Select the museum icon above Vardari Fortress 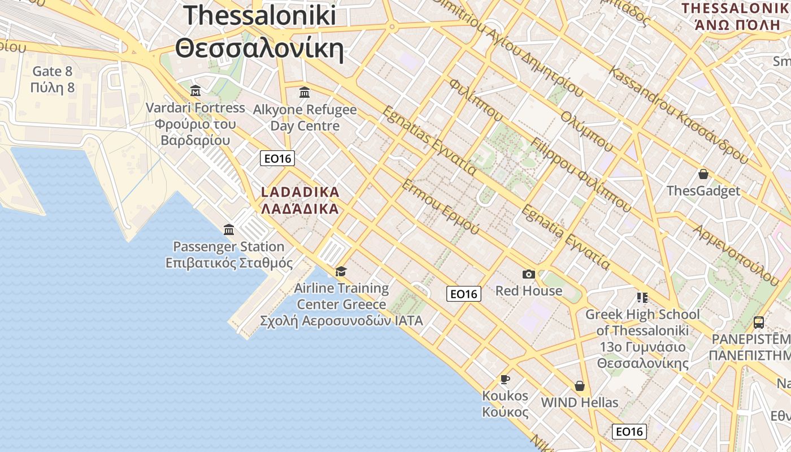coord(195,90)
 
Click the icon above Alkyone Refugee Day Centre coord(305,92)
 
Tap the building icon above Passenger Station coord(229,229)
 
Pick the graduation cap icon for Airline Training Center coord(341,272)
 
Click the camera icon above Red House coord(529,274)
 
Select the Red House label coord(529,291)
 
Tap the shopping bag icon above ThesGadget coord(703,174)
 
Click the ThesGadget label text coord(703,191)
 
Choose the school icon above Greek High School coord(642,297)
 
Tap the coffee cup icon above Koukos coord(505,379)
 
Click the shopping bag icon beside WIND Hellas coord(579,386)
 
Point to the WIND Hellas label coord(580,403)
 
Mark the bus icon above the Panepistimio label coord(759,323)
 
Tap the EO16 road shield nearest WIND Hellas coord(629,432)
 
